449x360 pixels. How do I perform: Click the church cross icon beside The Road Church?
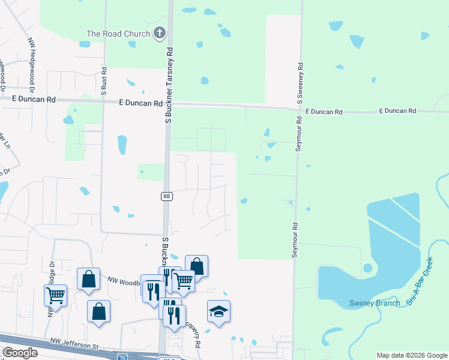[160, 34]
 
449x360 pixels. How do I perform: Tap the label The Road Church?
[118, 34]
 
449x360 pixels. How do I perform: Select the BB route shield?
[167, 196]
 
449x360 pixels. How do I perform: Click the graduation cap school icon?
[218, 311]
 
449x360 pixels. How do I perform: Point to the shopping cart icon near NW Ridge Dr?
[55, 295]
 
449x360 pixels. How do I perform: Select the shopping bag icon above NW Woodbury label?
[88, 278]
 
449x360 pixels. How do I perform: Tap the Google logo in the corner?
[19, 353]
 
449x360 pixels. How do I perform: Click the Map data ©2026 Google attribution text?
[412, 355]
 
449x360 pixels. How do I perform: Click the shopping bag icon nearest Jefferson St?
[98, 311]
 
